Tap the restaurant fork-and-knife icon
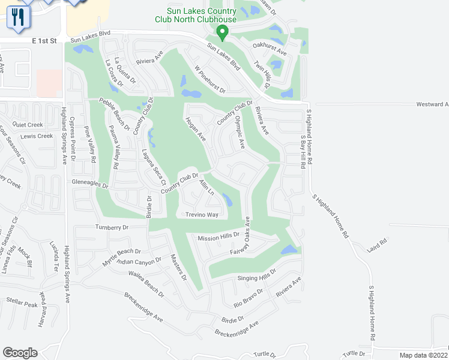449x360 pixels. click(18, 17)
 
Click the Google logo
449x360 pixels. click(20, 353)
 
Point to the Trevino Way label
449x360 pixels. click(201, 214)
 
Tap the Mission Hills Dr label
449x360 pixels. click(218, 238)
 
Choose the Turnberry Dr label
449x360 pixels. click(112, 227)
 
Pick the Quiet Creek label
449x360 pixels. click(28, 125)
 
